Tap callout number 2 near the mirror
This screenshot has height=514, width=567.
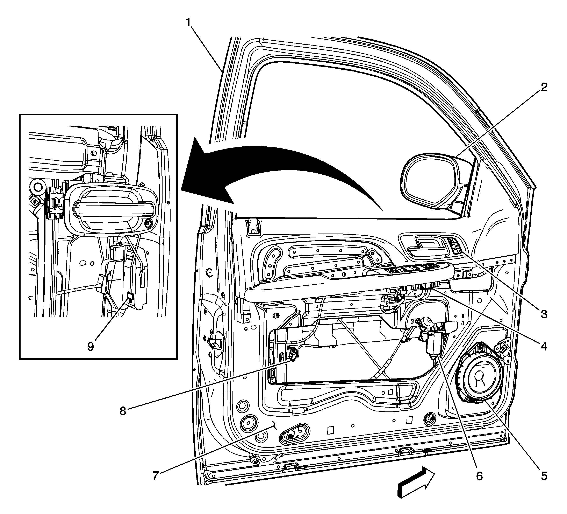coord(544,88)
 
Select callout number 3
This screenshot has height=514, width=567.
coord(544,314)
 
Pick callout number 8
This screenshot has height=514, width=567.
coord(123,411)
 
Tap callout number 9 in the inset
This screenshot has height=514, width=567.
coord(90,347)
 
